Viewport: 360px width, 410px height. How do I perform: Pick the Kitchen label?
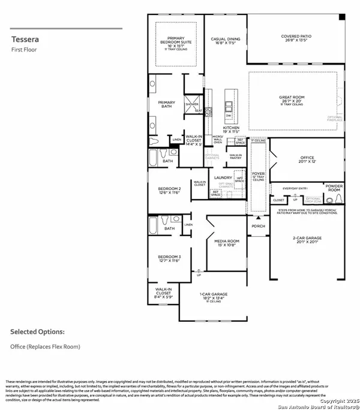pos(232,128)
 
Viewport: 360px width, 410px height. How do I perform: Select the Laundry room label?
pos(223,177)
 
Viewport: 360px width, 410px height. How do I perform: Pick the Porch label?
pos(258,226)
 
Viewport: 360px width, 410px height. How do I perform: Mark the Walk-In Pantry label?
pos(235,156)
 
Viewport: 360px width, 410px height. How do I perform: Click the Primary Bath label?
pos(166,104)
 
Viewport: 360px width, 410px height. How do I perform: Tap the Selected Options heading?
pos(37,331)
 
